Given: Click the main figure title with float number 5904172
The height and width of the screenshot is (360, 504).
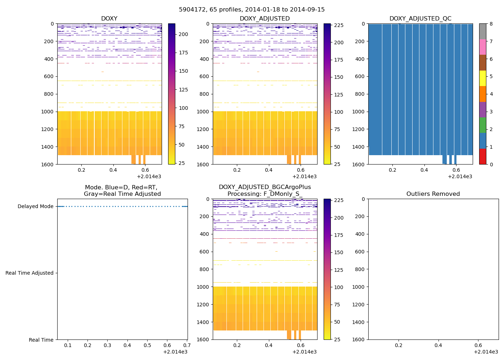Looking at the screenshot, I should coord(252,10).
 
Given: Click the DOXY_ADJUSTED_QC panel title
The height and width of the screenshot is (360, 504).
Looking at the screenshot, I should coord(420,19).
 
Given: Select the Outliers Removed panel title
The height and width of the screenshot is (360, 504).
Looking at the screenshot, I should coord(433,194).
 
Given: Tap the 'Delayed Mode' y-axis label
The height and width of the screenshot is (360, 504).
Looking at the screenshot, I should coord(35,207).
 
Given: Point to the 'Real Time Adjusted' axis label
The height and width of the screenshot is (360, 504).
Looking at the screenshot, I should coord(29,273).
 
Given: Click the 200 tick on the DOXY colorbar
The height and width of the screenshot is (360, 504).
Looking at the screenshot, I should coord(184,35).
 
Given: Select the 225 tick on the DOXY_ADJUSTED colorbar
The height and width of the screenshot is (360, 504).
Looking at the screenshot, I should coord(338,25).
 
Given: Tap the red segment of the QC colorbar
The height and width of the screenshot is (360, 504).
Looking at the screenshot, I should coord(482,157).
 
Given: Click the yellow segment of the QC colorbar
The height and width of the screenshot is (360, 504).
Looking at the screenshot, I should coord(482,78).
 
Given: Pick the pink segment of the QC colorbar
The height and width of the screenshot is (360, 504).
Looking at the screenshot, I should coord(482,47).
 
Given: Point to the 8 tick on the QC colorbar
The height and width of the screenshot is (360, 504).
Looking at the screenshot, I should coord(491,24).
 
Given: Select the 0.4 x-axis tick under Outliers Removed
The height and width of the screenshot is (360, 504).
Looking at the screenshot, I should coord(438,345).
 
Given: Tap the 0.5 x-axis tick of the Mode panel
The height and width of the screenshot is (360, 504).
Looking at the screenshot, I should coord(147,346).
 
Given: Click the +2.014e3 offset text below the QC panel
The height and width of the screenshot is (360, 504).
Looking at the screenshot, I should coord(460,177).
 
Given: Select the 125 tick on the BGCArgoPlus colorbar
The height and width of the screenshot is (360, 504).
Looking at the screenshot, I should coord(338,270).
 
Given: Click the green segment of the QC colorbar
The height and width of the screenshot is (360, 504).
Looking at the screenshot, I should coord(482,125).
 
